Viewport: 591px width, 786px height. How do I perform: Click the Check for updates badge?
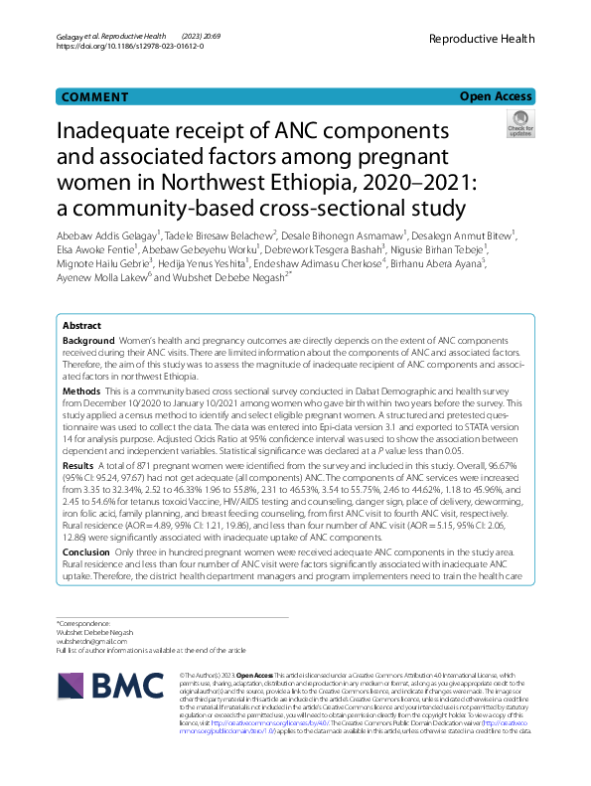coord(519,127)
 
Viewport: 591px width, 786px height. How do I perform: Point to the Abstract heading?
coord(81,326)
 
